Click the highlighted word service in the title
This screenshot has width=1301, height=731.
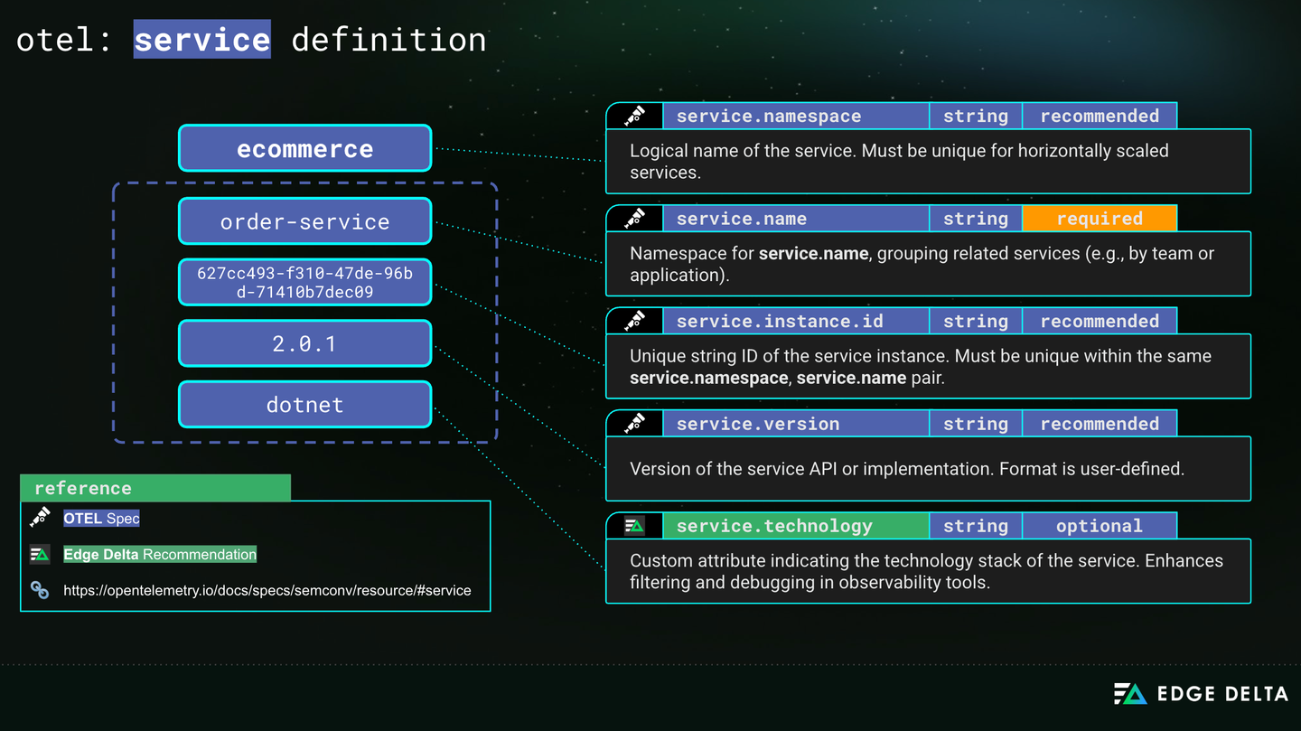tap(202, 39)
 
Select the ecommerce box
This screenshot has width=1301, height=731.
tap(305, 148)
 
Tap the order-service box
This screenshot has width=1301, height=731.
tap(305, 221)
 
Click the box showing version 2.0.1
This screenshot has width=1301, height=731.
tap(305, 343)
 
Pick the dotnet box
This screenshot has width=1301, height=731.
tap(305, 405)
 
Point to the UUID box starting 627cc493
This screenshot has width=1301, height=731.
tap(305, 283)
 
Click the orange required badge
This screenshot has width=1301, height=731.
tap(1100, 219)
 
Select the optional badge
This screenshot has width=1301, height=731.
tap(1100, 526)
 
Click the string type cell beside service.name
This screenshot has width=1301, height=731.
tap(976, 219)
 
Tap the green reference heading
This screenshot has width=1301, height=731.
tap(155, 488)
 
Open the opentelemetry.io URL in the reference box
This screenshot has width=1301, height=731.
tap(267, 590)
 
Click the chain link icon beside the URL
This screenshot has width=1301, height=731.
tap(40, 590)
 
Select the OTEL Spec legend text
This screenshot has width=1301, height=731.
tap(101, 519)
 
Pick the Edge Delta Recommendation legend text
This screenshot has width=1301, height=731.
tap(160, 555)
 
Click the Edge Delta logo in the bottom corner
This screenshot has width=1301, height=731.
tap(1201, 694)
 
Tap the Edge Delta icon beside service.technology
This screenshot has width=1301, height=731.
tap(634, 527)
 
